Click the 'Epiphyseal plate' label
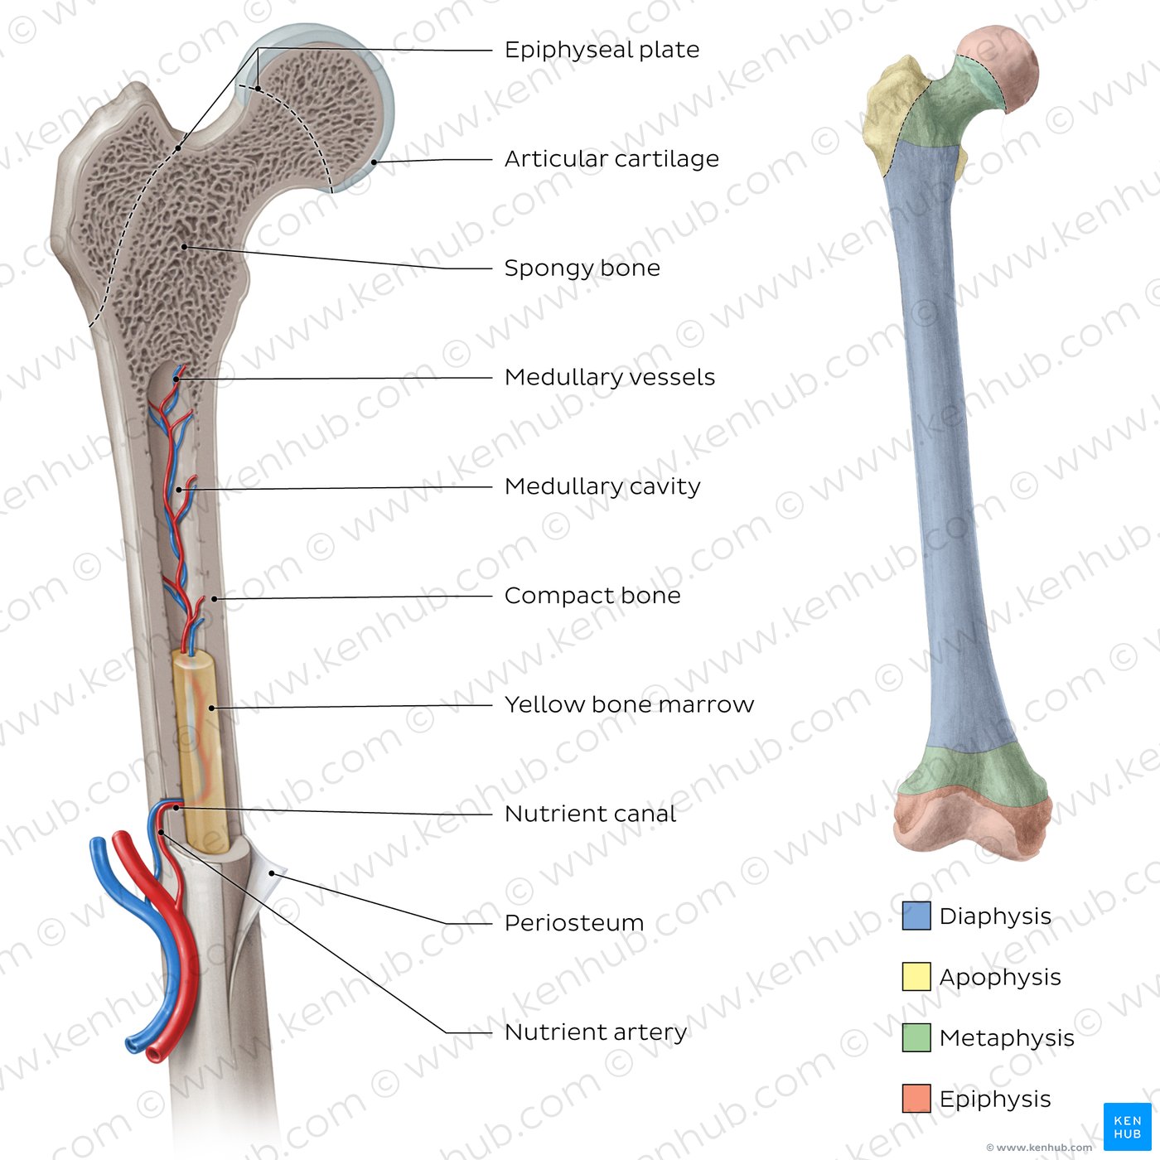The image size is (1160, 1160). point(602,50)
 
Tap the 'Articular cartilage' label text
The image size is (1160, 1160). point(611,159)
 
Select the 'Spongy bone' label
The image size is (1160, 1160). point(582,268)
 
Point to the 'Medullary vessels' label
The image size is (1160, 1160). point(610,378)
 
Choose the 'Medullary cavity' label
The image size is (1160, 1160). point(602,486)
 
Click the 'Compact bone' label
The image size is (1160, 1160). point(592,596)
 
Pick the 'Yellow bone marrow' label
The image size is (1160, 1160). point(629,705)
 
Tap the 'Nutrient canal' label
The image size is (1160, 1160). point(590,814)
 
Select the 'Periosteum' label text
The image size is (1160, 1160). point(574,923)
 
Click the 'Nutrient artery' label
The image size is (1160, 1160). point(596,1032)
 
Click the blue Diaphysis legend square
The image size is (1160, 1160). point(916,916)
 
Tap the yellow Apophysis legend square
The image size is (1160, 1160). point(916,976)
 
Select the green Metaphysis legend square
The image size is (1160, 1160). point(916,1037)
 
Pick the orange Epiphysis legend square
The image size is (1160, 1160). point(916,1098)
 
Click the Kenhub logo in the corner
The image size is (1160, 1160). point(1127,1126)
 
